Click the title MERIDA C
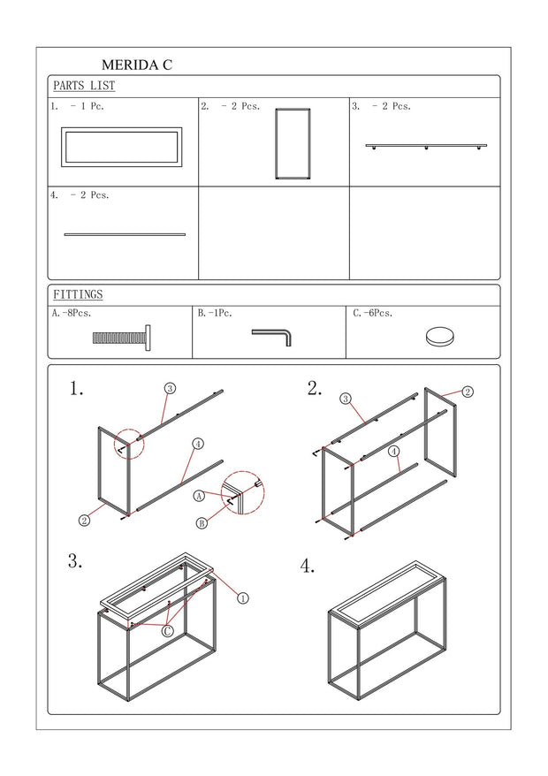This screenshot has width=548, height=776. point(137,65)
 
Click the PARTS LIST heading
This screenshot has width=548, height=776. point(84,86)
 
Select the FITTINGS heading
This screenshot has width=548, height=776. point(78,294)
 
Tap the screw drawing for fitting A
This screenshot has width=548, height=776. point(122,338)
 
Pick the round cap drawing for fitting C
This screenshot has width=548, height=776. point(439,337)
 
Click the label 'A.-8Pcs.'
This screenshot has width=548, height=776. point(72,313)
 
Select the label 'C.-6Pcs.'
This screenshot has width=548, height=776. point(373,313)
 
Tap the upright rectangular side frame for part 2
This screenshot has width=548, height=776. point(277,143)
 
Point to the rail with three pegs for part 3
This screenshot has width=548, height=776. point(426,146)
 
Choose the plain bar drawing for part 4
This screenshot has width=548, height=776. point(125,234)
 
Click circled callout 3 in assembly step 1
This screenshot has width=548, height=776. point(170,389)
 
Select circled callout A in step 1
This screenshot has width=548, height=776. point(199,496)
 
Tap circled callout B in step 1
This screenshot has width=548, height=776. point(202,522)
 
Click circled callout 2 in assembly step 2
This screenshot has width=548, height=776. point(468,392)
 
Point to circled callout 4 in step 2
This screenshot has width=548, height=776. point(393,452)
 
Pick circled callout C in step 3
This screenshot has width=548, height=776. point(168,630)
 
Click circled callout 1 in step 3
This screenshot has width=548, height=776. point(242,598)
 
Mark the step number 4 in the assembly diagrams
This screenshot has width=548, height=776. point(308,567)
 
